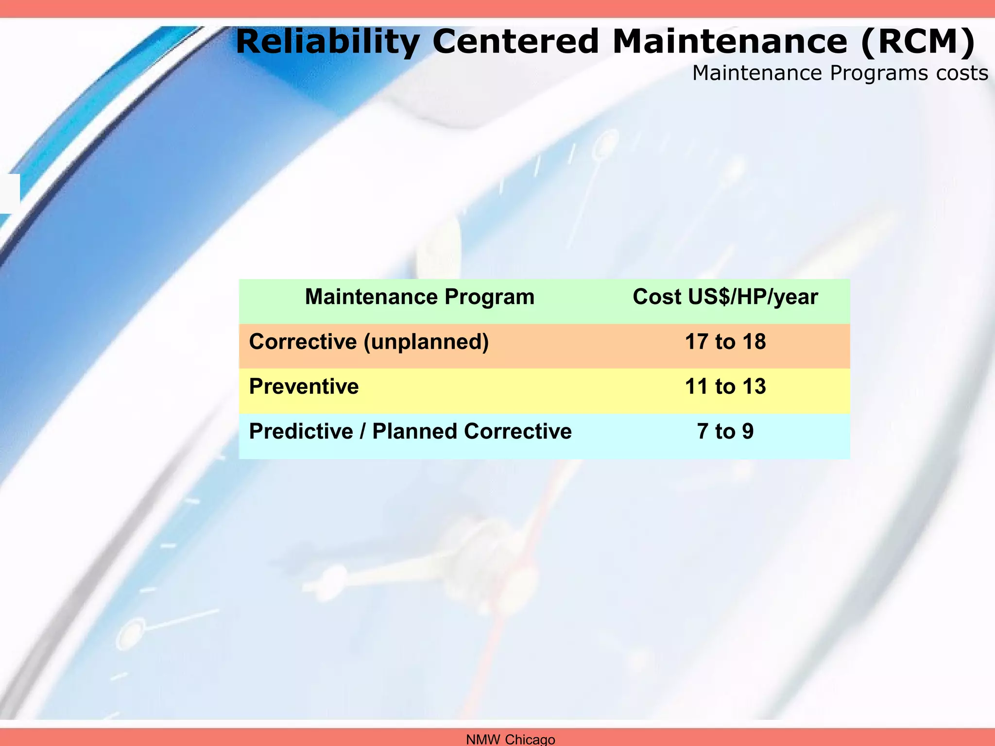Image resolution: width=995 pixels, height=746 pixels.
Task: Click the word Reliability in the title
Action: [x=327, y=42]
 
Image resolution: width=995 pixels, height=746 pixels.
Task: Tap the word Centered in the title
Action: [x=515, y=42]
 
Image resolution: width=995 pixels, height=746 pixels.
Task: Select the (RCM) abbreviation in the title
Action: [x=917, y=42]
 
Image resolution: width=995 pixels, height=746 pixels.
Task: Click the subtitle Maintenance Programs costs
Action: [x=840, y=73]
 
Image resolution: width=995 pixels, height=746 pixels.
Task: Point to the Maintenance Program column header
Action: [x=419, y=297]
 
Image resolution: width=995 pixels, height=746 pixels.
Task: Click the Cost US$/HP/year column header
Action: [x=725, y=297]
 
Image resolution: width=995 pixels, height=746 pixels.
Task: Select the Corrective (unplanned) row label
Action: [x=369, y=341]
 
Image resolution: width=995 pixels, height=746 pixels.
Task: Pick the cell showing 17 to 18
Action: [x=725, y=341]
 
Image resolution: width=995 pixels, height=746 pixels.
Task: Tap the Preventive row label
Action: [x=304, y=387]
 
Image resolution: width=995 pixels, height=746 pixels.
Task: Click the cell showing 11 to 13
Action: [x=725, y=387]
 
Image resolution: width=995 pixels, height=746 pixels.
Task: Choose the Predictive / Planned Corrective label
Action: [x=410, y=431]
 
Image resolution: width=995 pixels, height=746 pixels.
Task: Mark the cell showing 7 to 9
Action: [x=725, y=431]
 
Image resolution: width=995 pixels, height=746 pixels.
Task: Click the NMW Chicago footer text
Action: [x=510, y=739]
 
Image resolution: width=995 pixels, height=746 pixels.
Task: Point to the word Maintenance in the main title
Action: [x=730, y=42]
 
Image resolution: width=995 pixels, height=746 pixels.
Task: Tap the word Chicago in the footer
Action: [x=530, y=739]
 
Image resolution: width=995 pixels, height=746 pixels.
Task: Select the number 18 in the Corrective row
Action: [x=754, y=341]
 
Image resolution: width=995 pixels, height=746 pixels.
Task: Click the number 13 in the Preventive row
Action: [x=754, y=387]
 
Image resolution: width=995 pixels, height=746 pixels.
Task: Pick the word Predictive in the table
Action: [x=301, y=431]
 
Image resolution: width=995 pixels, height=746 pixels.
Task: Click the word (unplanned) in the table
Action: [x=426, y=341]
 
